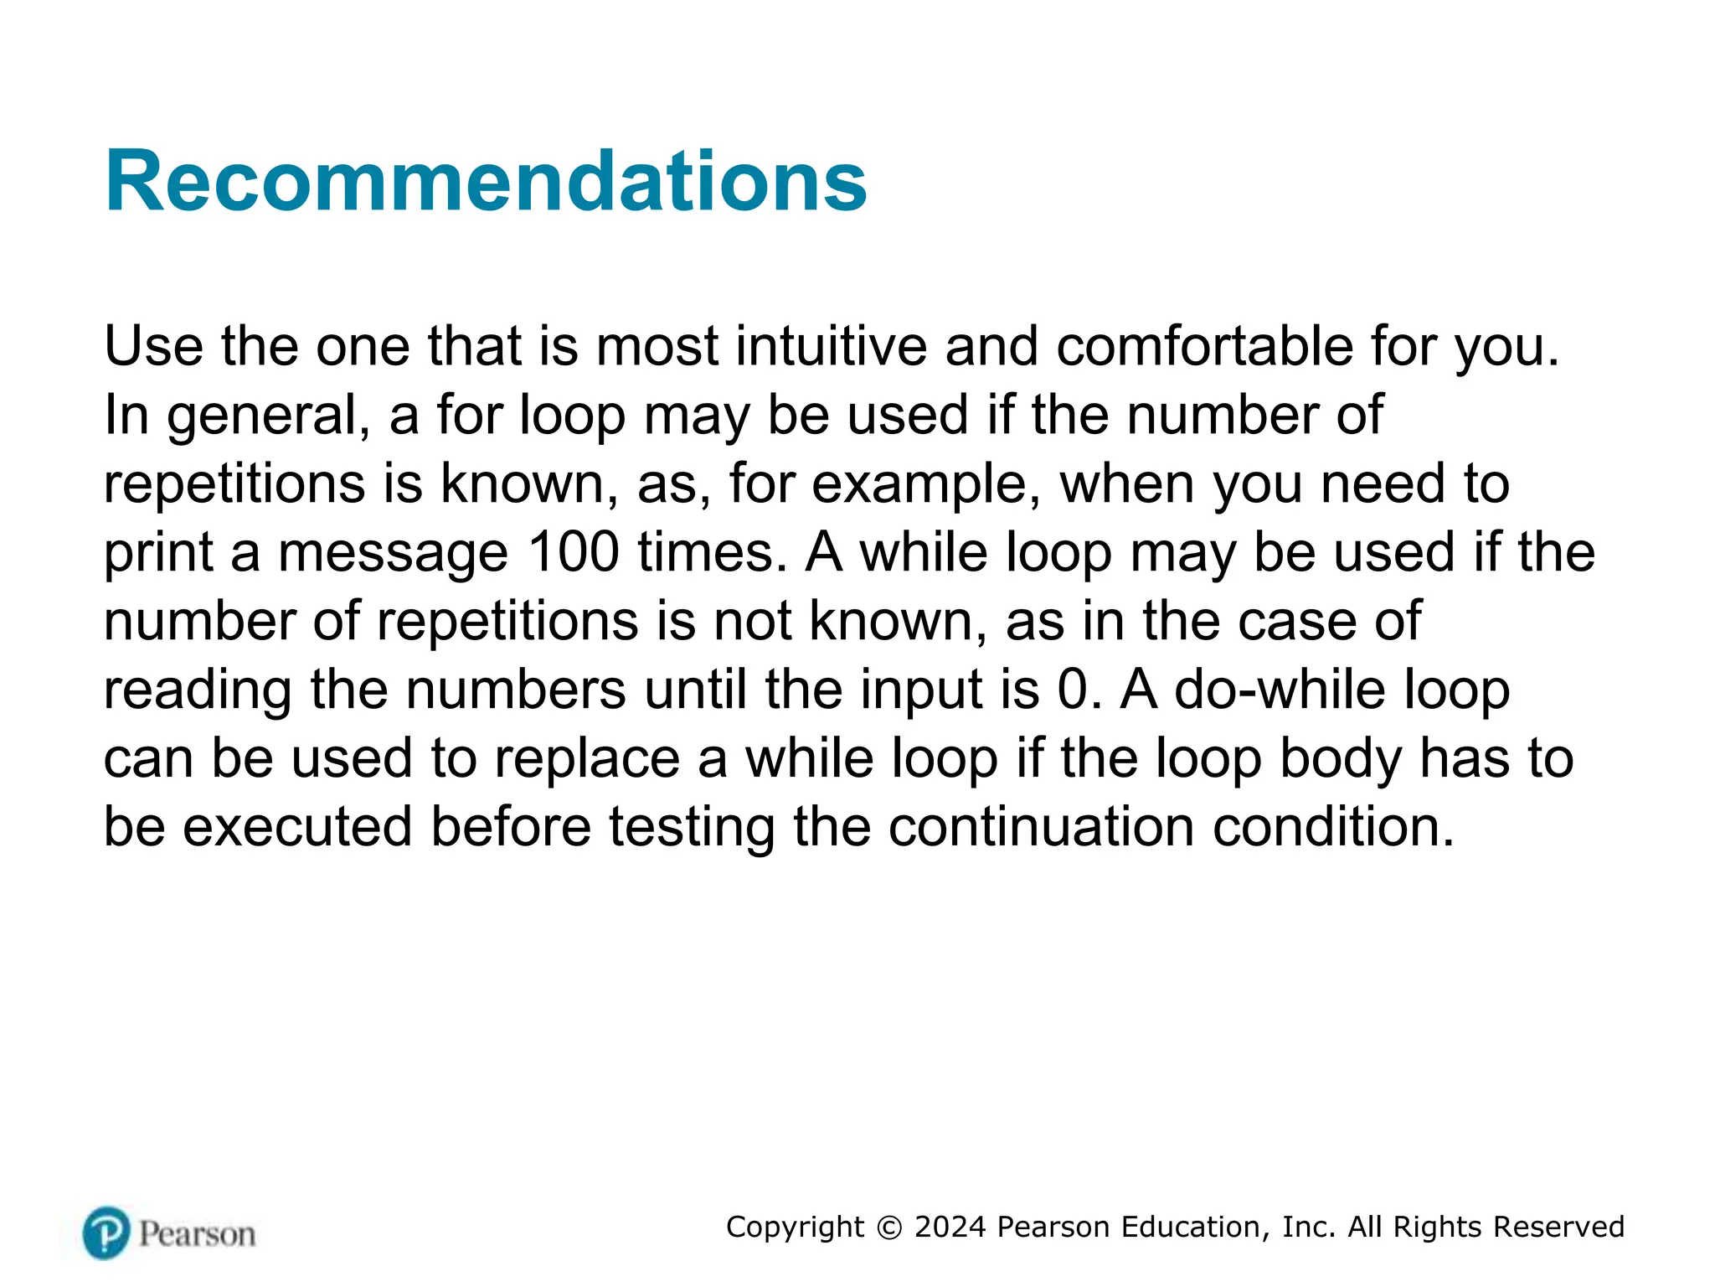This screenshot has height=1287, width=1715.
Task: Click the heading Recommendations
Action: point(486,181)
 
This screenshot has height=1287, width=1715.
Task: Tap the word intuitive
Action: point(831,346)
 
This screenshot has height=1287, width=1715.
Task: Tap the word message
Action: point(393,554)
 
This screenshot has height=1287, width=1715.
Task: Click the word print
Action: point(158,554)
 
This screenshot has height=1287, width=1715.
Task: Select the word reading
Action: point(198,691)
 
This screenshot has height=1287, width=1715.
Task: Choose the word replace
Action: point(586,760)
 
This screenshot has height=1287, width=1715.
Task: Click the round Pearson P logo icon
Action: point(106,1233)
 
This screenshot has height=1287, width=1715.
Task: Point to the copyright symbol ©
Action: point(889,1228)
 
